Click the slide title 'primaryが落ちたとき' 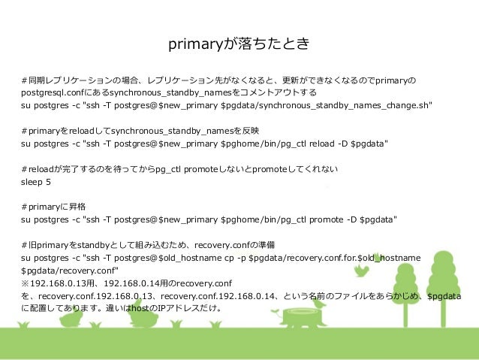click(x=239, y=47)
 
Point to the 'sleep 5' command click(x=36, y=181)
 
